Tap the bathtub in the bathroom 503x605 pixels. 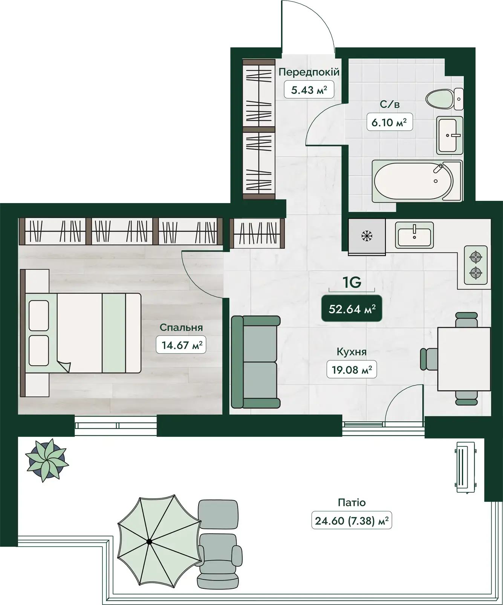(417, 181)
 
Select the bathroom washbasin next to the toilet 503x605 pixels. (450, 135)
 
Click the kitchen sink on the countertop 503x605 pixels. (414, 234)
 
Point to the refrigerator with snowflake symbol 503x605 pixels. (367, 237)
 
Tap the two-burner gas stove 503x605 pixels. (475, 265)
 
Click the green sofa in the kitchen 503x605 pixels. (255, 362)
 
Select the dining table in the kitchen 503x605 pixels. (464, 359)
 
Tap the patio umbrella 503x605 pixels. (159, 542)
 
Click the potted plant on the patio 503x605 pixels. (47, 460)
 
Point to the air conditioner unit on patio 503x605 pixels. (465, 467)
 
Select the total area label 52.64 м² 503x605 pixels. (352, 309)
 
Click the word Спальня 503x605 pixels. (181, 327)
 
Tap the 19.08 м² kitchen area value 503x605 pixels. (352, 370)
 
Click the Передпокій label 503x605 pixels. (309, 72)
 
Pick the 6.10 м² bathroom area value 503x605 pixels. (389, 123)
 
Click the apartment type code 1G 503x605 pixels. (352, 282)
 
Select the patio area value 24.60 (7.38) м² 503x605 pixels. (352, 521)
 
